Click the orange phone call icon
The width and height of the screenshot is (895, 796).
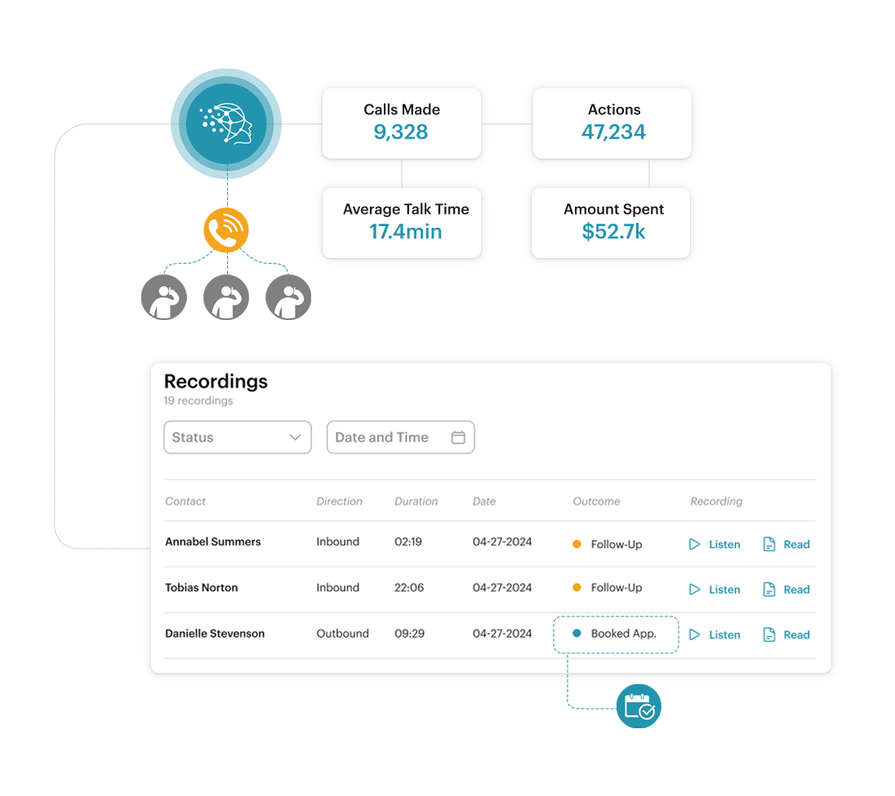(226, 230)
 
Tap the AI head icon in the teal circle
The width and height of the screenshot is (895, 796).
(226, 122)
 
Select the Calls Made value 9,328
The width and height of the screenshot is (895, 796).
(401, 131)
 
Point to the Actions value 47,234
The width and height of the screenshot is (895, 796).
(613, 131)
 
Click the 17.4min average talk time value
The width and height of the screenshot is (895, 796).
(405, 232)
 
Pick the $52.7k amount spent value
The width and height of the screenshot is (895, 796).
(613, 232)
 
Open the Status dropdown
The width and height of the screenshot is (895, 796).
(238, 437)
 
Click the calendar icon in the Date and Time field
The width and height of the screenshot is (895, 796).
(458, 437)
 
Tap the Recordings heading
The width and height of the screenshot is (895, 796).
(216, 381)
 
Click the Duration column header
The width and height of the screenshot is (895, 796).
(416, 501)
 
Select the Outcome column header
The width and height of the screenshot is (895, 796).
(596, 501)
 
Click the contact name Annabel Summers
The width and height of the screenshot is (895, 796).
(213, 541)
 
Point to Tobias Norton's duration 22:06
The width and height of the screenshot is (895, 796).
(409, 587)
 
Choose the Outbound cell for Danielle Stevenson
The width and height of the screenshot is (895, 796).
(342, 634)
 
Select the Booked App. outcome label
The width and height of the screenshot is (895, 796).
(624, 634)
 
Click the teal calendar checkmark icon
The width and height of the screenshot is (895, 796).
(639, 706)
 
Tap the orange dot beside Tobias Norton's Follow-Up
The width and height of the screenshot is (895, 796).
(577, 587)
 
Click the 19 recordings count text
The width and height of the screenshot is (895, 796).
(198, 401)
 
